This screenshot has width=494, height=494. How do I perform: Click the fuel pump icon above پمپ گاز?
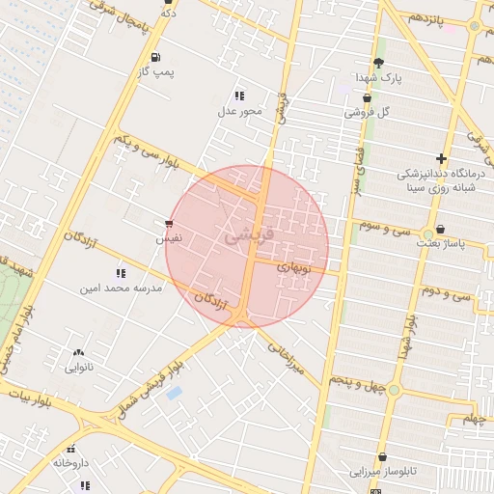[156, 57]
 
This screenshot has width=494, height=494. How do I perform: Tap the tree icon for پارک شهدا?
[378, 63]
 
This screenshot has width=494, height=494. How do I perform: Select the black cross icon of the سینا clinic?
[441, 158]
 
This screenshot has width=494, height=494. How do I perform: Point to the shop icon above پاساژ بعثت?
[441, 230]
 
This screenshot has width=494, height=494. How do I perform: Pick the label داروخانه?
[70, 463]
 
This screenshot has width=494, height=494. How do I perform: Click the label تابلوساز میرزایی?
[385, 472]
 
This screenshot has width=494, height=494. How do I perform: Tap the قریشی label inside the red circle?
[249, 234]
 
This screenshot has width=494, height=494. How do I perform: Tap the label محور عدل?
[239, 111]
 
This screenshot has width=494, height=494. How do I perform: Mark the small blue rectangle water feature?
[175, 393]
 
